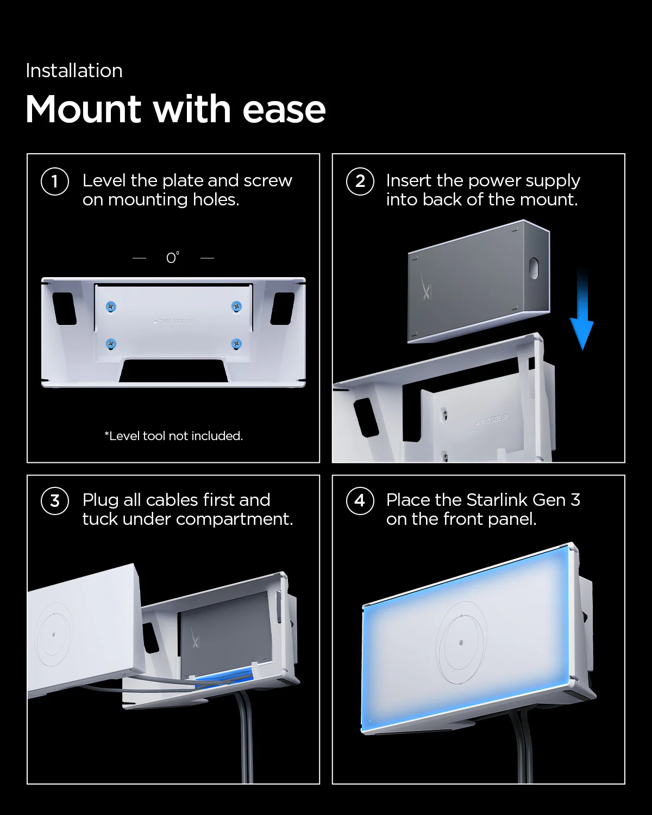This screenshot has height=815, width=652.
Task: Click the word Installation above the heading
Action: pos(74,71)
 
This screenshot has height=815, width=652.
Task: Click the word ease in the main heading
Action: pos(284,109)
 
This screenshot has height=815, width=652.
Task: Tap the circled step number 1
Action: pos(55,181)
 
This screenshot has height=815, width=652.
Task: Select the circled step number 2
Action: pos(360,181)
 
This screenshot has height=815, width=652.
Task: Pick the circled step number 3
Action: pos(55,501)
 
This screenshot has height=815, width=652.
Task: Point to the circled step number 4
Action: pos(360,501)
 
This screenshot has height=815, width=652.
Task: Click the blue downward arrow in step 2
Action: pos(582,310)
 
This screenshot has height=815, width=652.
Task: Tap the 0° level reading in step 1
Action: pos(172,258)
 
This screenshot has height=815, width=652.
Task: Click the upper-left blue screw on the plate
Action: pos(111,306)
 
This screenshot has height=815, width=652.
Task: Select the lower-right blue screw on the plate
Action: pos(236,343)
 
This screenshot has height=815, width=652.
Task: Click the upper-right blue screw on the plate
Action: pos(236,306)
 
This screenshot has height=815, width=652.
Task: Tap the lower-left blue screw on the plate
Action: pos(111,343)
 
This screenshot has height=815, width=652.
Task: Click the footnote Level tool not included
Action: pos(173,436)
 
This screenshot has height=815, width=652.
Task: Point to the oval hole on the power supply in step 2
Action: pos(534,268)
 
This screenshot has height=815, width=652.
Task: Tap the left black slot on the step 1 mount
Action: pos(65,309)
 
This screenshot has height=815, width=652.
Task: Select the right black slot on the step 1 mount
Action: pos(283,309)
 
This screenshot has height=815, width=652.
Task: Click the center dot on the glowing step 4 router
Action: pos(461,643)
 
